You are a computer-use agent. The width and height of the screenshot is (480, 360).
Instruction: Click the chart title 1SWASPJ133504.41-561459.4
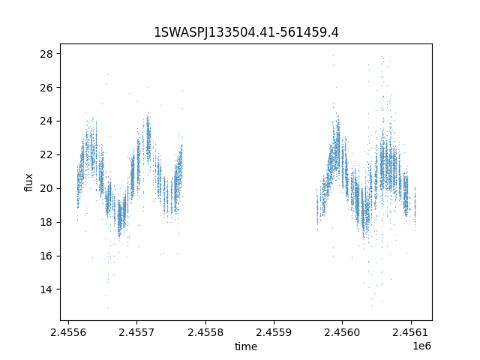(x=246, y=32)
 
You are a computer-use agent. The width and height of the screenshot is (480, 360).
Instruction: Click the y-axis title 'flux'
(x=28, y=182)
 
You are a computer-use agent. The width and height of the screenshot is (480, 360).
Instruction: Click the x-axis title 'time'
(x=246, y=346)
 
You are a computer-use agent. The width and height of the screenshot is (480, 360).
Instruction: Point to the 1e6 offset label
(x=421, y=346)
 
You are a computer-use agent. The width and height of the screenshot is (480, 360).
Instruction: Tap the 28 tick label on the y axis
(x=46, y=54)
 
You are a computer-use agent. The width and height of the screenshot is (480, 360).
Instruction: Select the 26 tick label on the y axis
(x=46, y=88)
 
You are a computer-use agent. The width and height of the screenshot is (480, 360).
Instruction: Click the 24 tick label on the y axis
(x=46, y=121)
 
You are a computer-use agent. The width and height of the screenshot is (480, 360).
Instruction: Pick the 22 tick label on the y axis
(x=46, y=155)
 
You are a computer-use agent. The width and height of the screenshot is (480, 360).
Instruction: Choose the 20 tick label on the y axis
(x=46, y=188)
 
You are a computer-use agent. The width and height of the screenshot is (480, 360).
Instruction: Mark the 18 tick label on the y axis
(x=46, y=222)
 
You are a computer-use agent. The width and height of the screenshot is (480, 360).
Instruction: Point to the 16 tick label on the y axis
(x=46, y=256)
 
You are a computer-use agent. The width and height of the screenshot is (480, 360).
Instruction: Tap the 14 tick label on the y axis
(x=46, y=289)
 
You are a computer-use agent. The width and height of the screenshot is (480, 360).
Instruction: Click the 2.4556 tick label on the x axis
(x=68, y=332)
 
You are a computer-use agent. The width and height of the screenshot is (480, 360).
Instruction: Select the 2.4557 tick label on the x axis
(x=136, y=332)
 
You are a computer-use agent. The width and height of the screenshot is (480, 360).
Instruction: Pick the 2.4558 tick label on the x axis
(x=205, y=332)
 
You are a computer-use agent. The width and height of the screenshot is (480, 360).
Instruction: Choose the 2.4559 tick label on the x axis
(x=274, y=332)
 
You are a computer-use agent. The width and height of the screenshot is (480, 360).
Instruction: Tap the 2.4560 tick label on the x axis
(x=343, y=332)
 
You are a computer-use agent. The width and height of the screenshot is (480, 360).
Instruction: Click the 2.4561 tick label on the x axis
(x=411, y=332)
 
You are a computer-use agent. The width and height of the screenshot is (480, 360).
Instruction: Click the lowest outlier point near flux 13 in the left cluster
(x=108, y=307)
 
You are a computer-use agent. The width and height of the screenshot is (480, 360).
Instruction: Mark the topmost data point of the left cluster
(x=108, y=73)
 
